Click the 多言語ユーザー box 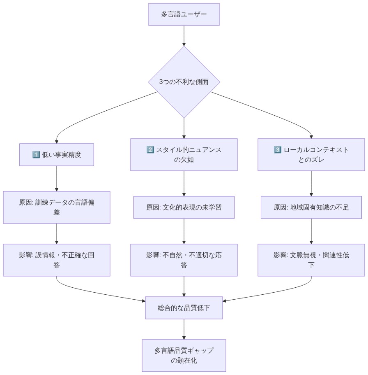184,14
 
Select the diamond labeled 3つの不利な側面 184,82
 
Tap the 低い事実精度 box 57,155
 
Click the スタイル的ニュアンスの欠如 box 184,155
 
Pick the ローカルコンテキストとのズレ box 311,155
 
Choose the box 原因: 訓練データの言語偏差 57,207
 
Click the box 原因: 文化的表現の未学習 184,207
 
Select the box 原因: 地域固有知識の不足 311,207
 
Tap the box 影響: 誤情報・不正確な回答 57,260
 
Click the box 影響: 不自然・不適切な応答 184,260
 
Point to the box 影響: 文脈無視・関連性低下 311,260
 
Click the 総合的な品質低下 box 184,308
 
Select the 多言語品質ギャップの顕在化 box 184,355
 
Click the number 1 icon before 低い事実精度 35,155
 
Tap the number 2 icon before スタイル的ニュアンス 150,150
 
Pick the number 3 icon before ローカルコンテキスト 277,150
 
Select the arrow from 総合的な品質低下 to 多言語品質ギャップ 184,329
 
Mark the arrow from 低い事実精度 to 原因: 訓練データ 57,178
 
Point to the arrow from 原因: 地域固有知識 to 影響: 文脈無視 311,231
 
